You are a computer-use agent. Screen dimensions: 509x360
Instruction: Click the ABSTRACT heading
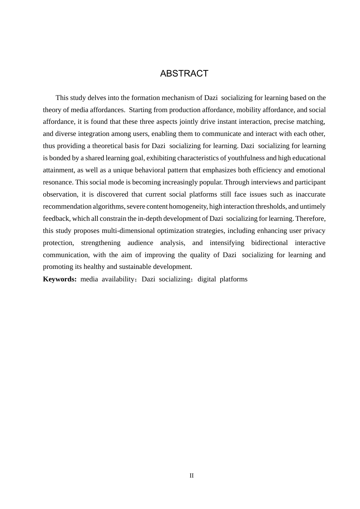[x=184, y=73]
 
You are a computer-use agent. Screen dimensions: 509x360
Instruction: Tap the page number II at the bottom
[x=191, y=476]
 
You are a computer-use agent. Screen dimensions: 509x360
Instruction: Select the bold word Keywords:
[x=60, y=279]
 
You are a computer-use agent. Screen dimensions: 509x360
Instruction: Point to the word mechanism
[x=178, y=98]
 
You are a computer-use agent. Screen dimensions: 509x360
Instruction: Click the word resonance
[x=58, y=182]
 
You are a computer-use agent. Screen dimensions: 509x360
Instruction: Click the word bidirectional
[x=269, y=243]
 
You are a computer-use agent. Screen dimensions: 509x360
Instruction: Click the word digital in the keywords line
[x=207, y=279]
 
